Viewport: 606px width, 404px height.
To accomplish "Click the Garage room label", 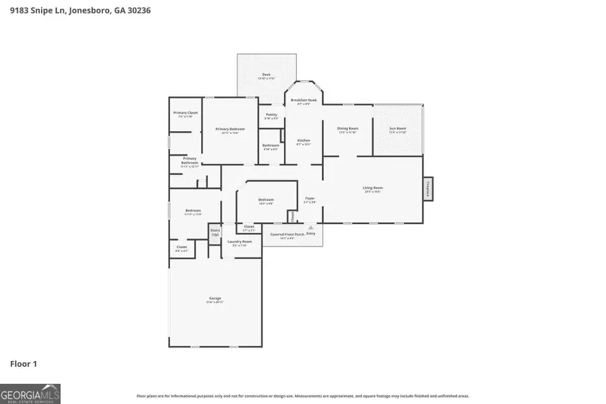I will pyautogui.click(x=215, y=298).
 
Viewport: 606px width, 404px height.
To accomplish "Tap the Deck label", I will pyautogui.click(x=266, y=75).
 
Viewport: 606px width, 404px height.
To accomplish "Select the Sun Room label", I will pyautogui.click(x=398, y=128).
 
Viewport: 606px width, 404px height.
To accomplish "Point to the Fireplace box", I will pyautogui.click(x=428, y=189).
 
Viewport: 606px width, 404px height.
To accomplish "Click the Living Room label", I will pyautogui.click(x=372, y=188).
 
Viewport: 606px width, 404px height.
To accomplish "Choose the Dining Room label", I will pyautogui.click(x=347, y=128).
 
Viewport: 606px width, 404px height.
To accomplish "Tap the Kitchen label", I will pyautogui.click(x=304, y=140).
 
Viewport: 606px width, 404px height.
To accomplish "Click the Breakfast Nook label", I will pyautogui.click(x=304, y=100).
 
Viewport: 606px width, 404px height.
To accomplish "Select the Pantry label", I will pyautogui.click(x=271, y=114).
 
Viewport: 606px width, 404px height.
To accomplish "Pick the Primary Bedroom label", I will pyautogui.click(x=230, y=129).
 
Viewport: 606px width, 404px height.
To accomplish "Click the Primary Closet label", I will pyautogui.click(x=185, y=112).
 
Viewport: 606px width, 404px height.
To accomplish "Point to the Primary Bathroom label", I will pyautogui.click(x=189, y=160).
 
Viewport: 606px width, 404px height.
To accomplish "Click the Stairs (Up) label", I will pyautogui.click(x=215, y=232).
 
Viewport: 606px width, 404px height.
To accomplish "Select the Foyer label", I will pyautogui.click(x=310, y=198).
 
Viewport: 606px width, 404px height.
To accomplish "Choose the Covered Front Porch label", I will pyautogui.click(x=288, y=234).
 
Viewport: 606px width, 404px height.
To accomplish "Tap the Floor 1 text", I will pyautogui.click(x=24, y=364).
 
